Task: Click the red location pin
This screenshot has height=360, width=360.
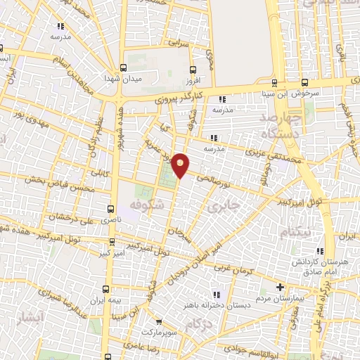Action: pos(181,165)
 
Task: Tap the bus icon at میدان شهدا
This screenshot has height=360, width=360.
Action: pos(124,68)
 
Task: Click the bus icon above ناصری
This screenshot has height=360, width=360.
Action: pos(110,208)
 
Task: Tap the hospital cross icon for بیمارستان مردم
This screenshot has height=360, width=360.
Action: pos(280,287)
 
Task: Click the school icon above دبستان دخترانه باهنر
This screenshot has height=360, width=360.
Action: pos(216,295)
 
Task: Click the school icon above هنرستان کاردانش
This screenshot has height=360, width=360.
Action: pos(320,251)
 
